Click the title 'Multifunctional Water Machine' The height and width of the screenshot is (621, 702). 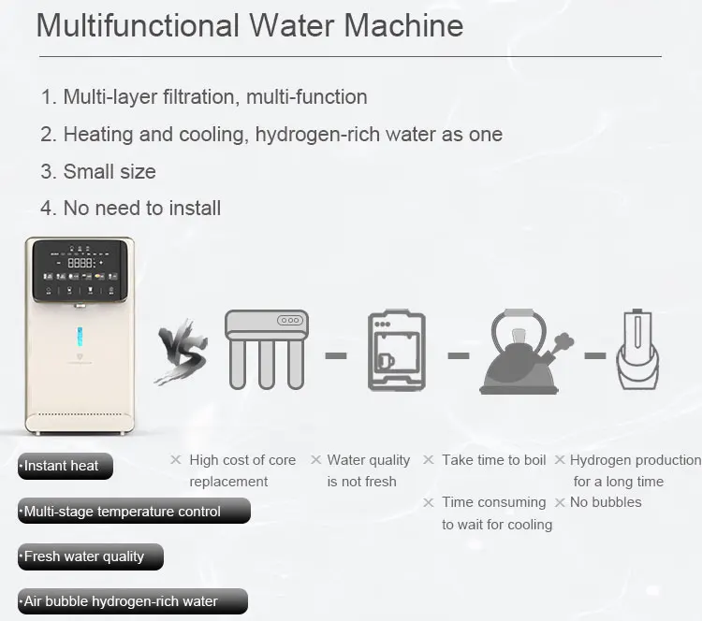pos(249,25)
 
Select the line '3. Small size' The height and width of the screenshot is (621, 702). pos(98,171)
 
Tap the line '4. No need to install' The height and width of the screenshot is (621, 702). pos(130,208)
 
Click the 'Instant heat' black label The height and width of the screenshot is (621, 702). pos(65,466)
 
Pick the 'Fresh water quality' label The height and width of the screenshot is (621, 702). pos(90,556)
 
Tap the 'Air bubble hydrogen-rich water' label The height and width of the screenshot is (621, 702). pos(132,601)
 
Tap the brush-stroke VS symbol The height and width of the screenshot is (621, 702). pos(181,354)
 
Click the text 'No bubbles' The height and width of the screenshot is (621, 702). pos(606,502)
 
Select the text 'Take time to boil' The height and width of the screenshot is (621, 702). pos(493,460)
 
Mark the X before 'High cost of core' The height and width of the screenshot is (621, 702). pos(175,459)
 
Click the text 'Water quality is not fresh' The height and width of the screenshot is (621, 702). pos(368,470)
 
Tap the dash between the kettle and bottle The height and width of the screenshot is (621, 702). pos(595,355)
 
